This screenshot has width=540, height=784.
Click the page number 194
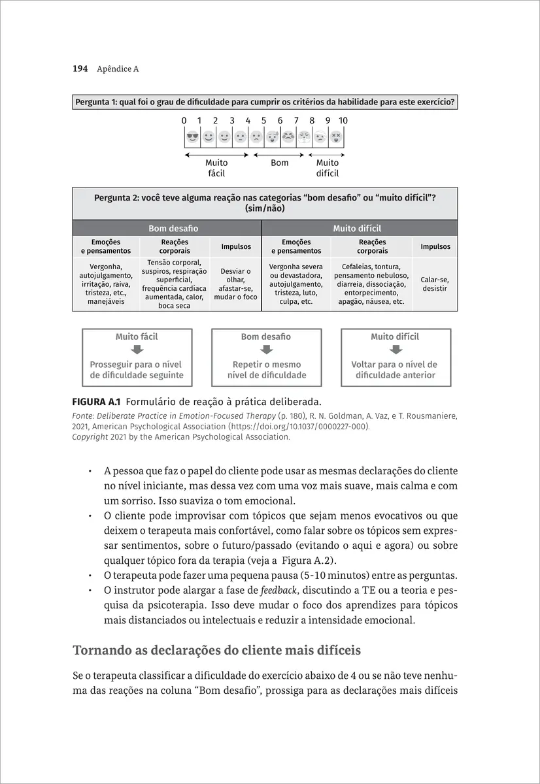point(80,69)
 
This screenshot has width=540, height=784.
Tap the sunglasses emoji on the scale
point(192,137)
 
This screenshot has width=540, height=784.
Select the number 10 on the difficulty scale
point(343,121)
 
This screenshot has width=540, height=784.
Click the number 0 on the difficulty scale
point(184,121)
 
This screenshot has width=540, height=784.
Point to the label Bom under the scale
point(279,163)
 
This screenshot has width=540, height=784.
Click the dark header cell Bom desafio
point(173,229)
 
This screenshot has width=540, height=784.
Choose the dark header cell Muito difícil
point(357,229)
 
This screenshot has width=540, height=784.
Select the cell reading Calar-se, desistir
point(435,284)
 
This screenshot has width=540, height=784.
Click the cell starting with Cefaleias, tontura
point(371,284)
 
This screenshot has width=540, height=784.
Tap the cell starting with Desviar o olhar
point(236,284)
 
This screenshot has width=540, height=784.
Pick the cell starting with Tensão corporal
point(174,284)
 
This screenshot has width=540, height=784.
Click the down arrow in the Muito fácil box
point(137,350)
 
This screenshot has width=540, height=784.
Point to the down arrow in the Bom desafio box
point(266,350)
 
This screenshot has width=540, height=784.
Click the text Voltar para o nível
point(394,365)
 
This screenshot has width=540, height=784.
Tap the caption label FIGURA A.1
point(97,401)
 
